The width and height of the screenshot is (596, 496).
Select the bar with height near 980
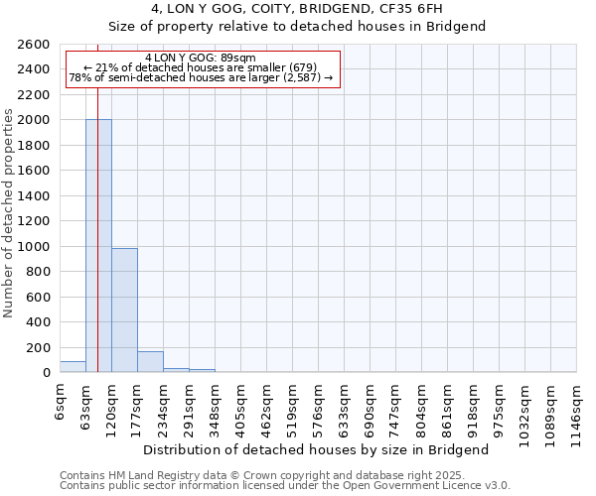pos(124,310)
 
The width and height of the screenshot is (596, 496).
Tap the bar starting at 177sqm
pos(150,362)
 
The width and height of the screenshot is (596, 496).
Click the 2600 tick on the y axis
pos(34,45)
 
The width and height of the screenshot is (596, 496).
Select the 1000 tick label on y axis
pos(34,247)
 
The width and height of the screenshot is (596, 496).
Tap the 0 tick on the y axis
pos(46,373)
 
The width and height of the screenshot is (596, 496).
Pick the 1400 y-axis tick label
pos(34,196)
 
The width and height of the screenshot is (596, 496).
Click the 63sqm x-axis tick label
pos(86,405)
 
